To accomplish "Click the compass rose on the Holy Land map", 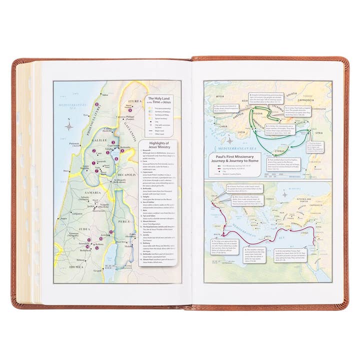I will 68,126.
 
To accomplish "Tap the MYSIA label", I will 217,93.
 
